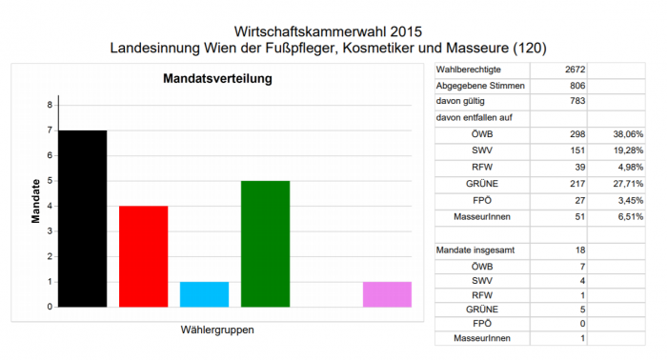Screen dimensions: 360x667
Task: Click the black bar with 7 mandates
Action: coord(82,218)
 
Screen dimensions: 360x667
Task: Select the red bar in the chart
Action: coord(143,256)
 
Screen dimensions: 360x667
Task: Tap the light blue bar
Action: coord(204,294)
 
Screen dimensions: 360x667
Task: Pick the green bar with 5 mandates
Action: coord(265,244)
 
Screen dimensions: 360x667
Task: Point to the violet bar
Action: coord(387,294)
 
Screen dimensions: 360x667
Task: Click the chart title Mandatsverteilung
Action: coord(218,78)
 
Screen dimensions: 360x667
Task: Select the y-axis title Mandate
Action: coord(35,201)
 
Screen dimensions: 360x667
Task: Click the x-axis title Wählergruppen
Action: coord(217,330)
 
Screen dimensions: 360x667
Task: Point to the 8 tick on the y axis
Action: coord(49,105)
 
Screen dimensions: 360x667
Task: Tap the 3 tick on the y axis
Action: coord(49,231)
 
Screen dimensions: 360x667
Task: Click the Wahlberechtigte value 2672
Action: coord(574,70)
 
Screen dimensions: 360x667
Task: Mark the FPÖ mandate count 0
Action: coord(581,322)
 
